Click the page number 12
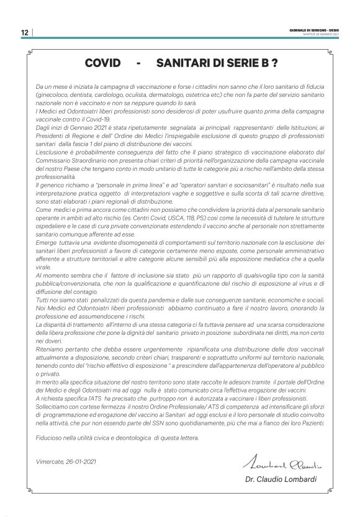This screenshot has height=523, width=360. [x=25, y=33]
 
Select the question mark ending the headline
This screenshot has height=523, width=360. [x=274, y=63]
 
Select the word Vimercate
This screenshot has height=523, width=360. [x=50, y=462]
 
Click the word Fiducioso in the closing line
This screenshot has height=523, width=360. [x=50, y=439]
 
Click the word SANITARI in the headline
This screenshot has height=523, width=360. [x=184, y=63]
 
